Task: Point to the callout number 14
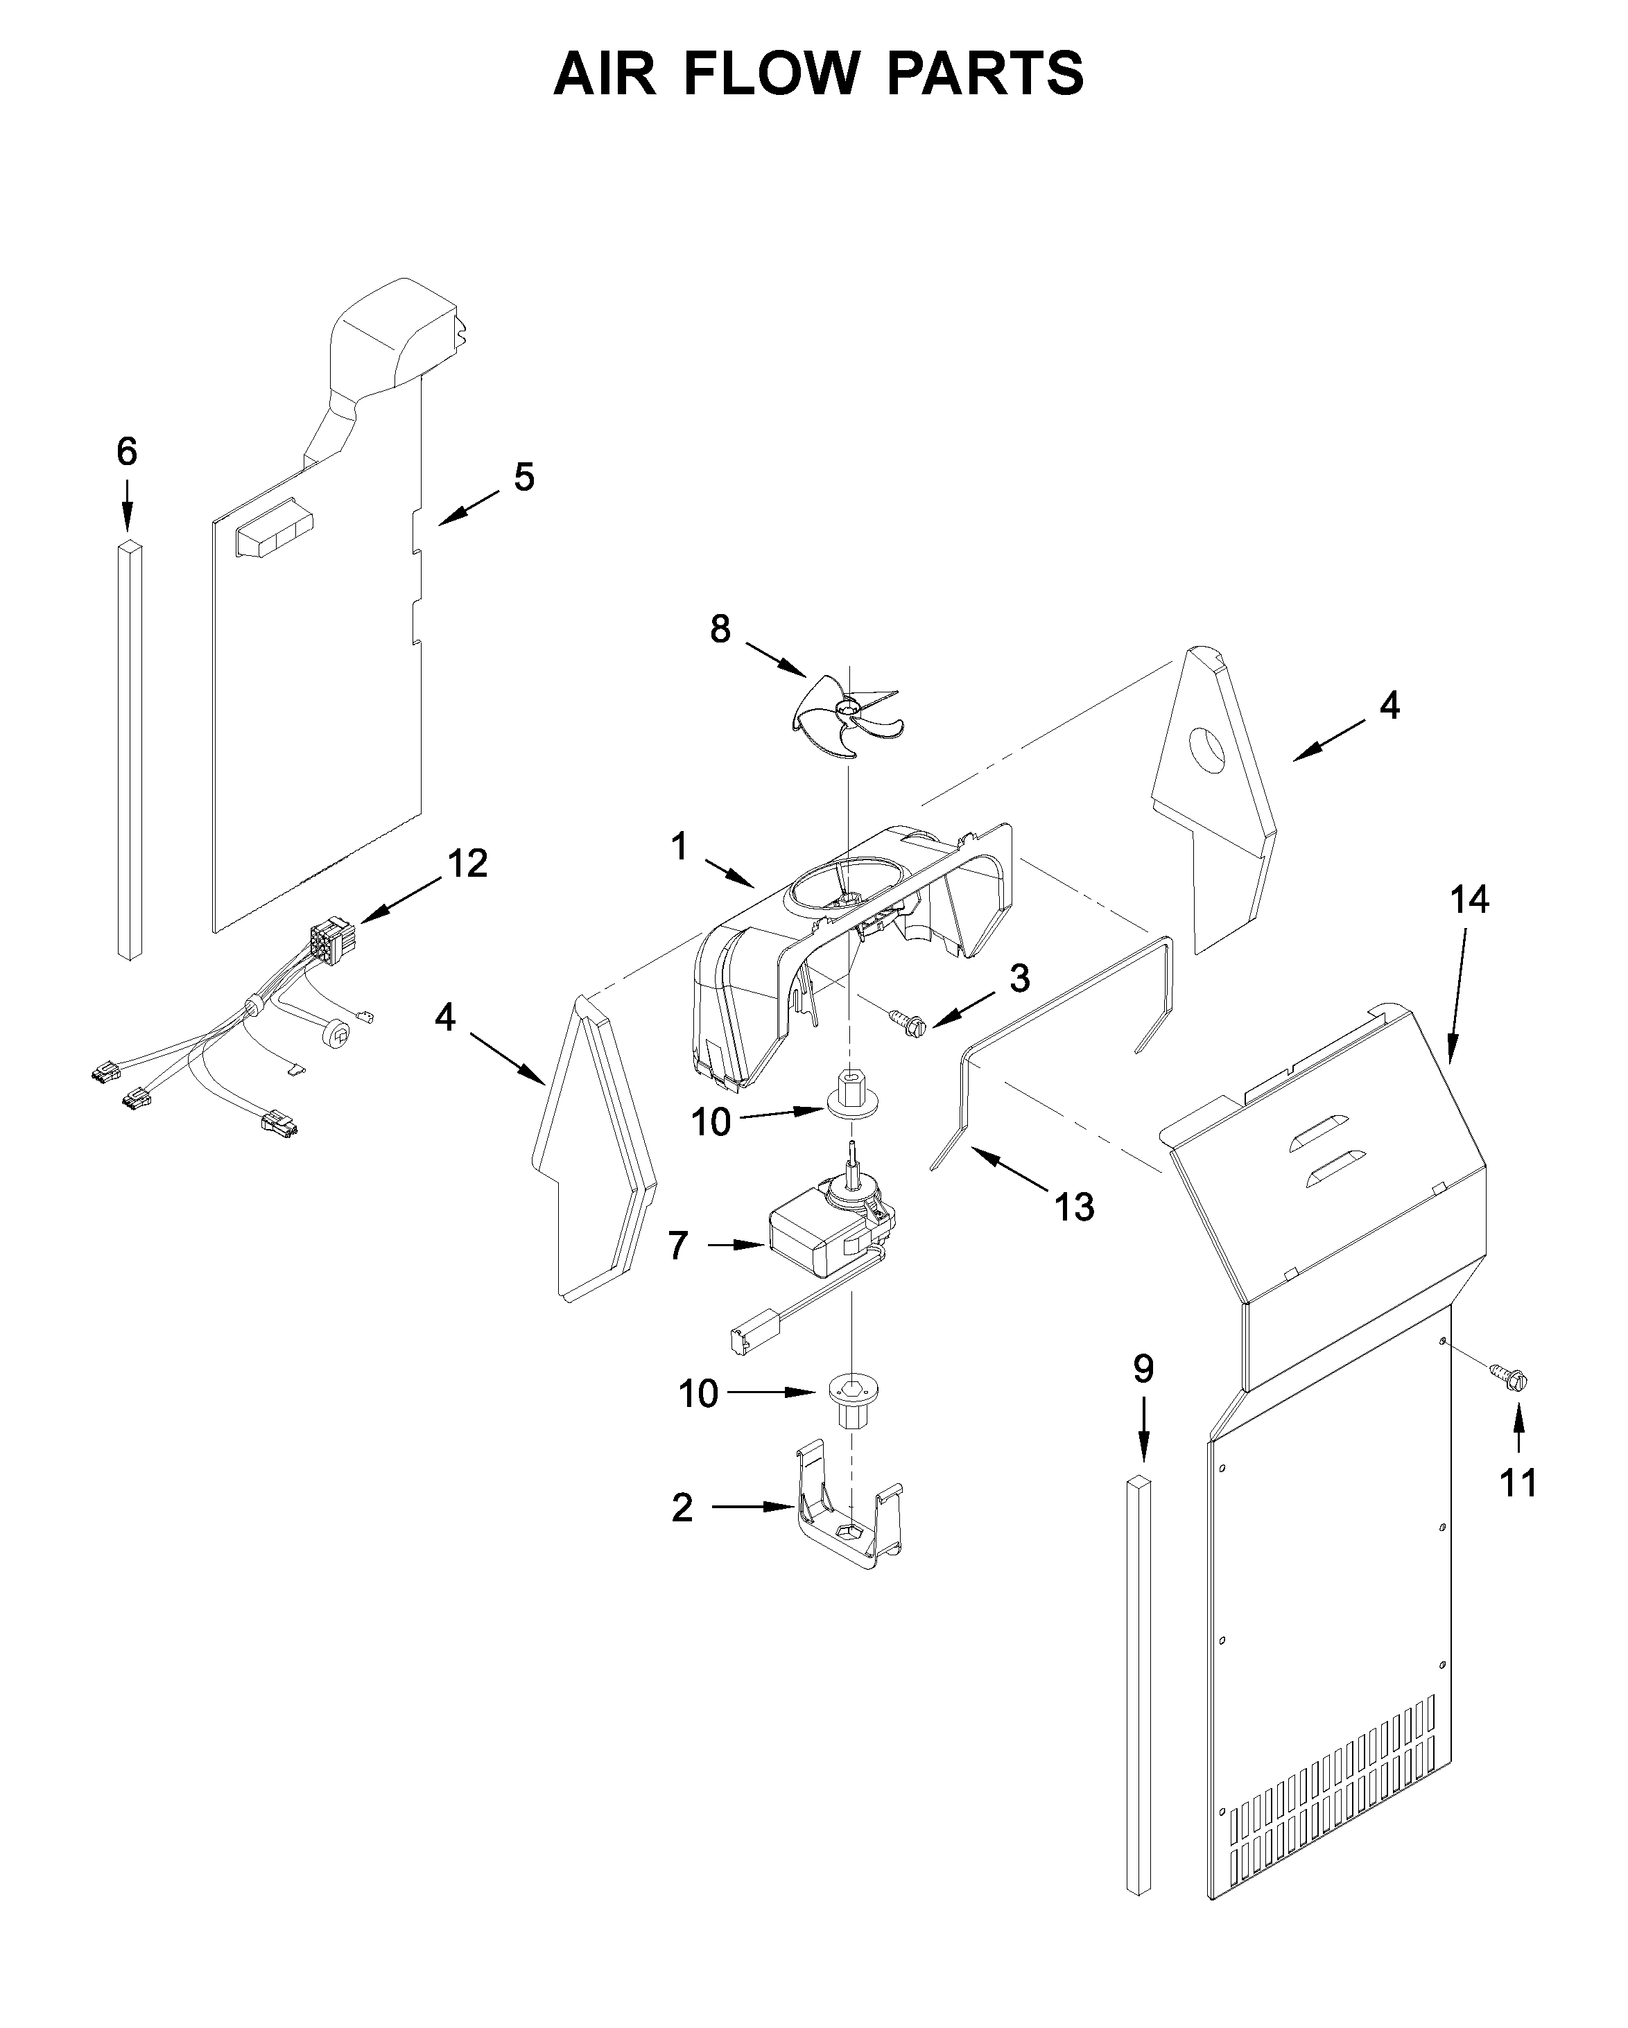point(1469,900)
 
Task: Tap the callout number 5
point(524,477)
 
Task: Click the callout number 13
point(1074,1207)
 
